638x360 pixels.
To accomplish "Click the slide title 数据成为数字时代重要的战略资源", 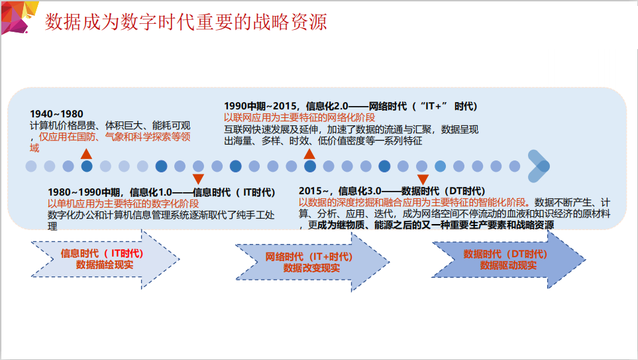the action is [186, 22].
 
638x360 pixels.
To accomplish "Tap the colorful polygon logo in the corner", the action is [19, 17].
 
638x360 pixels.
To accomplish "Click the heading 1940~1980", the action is [56, 114].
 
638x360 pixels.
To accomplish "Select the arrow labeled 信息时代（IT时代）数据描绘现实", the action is [105, 259].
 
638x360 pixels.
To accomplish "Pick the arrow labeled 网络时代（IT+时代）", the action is [312, 263].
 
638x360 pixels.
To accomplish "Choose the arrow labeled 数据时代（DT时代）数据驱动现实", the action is [509, 259].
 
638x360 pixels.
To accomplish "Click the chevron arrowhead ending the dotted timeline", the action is [539, 166].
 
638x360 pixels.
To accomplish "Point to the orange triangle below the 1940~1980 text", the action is [86, 154].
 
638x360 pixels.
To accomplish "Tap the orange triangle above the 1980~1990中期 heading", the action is [198, 179].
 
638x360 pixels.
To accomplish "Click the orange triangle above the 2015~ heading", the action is [423, 180].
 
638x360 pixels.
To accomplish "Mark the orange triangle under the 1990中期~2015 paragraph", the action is [309, 154].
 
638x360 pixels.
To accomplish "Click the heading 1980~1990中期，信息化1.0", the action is [162, 192].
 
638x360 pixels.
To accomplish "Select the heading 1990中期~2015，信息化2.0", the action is [350, 106].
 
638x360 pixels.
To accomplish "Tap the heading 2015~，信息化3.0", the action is [392, 191].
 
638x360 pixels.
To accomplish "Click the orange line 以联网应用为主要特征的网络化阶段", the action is [299, 118].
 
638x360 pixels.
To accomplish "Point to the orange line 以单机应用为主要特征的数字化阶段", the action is [123, 204].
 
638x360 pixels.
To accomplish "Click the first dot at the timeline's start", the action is [31, 166].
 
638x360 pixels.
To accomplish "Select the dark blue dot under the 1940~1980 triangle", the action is [87, 166].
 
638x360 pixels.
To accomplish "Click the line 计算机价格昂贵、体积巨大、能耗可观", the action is [110, 125].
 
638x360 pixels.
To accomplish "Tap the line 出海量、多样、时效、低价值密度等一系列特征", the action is [323, 141].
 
